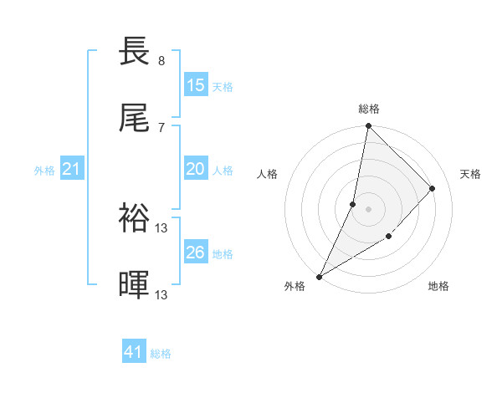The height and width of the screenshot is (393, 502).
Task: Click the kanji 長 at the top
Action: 135,52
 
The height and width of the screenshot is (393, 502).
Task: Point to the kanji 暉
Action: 135,285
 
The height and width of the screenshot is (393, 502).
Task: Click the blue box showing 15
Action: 195,85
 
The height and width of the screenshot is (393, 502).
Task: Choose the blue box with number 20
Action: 195,169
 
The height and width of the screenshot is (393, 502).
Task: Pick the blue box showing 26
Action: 195,253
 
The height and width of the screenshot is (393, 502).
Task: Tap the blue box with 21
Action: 72,170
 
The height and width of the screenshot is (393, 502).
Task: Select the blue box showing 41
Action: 134,353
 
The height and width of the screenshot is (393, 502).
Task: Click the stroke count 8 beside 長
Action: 161,61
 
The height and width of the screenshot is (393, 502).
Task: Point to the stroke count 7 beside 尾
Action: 161,127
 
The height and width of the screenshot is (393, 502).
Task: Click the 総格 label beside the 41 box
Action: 161,354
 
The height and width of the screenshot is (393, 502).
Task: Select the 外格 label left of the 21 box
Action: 44,171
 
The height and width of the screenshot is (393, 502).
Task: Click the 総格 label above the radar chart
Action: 369,109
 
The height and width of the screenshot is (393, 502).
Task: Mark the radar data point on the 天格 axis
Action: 433,189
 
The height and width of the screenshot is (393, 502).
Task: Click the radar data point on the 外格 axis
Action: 320,276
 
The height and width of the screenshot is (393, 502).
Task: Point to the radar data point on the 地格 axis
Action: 389,237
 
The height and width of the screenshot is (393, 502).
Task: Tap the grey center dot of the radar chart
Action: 368,209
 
